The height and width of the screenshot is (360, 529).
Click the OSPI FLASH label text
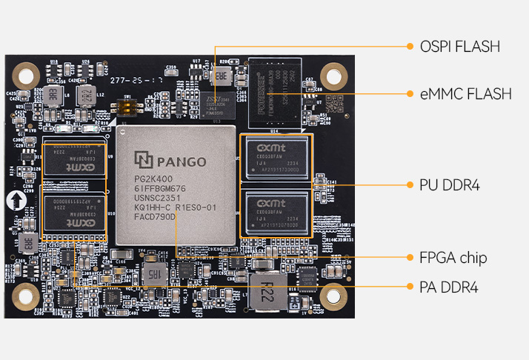[460, 47]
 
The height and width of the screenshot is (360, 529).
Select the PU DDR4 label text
[450, 185]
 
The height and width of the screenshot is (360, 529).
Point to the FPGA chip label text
[453, 258]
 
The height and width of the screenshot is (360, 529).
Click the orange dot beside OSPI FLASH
[410, 47]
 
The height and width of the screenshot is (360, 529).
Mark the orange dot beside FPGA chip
[410, 258]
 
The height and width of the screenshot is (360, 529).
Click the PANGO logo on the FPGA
[170, 159]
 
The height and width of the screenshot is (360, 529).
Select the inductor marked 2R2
[85, 94]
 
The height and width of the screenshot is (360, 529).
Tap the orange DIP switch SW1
[130, 106]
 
